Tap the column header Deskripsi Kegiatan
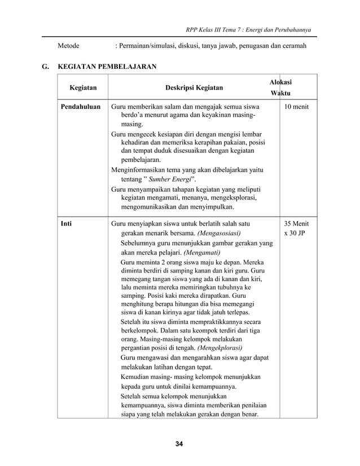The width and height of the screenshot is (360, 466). (194, 88)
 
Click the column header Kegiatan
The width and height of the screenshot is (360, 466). (82, 88)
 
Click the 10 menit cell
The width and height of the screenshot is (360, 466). (297, 106)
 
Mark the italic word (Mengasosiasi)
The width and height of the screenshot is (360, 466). (219, 234)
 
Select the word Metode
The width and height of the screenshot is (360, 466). (68, 45)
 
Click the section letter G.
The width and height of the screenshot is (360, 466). (45, 67)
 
